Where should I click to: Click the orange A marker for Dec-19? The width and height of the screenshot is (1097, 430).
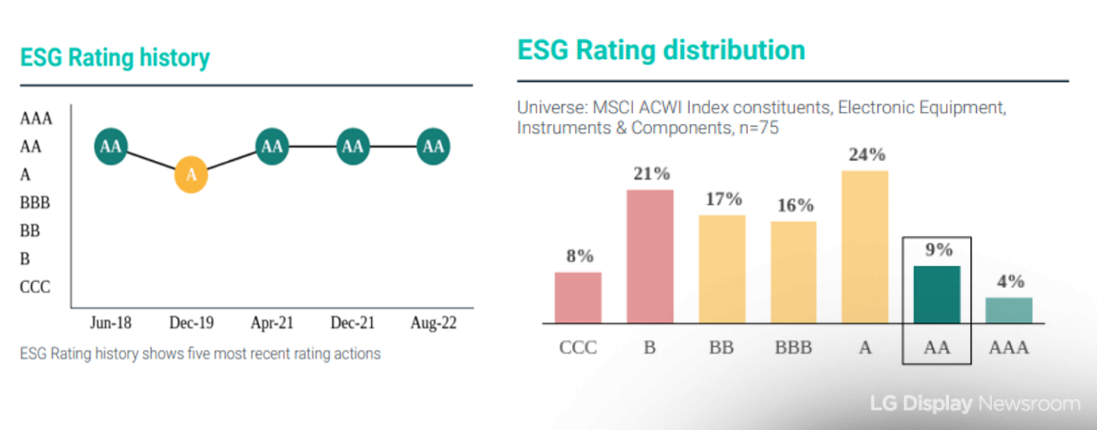coord(191,175)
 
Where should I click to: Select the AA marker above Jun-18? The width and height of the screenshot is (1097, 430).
coord(111,147)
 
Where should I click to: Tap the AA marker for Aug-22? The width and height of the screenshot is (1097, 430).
coord(433,147)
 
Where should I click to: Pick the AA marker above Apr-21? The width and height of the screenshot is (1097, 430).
coord(272,147)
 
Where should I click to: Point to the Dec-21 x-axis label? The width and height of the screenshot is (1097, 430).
coord(352,323)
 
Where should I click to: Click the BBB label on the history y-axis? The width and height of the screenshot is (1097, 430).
coord(35,203)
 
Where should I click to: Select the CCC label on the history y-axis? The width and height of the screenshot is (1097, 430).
coord(35,287)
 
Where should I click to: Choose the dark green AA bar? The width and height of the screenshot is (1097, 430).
coord(937,294)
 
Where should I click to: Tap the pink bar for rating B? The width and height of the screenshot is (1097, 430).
coord(650,256)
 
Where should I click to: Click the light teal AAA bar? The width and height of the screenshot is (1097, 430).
coord(1009,310)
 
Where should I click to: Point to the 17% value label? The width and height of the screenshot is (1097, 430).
coord(724,200)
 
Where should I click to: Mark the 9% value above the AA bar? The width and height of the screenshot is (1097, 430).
coord(938,250)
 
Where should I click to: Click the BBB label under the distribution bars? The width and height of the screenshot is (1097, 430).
coord(793,348)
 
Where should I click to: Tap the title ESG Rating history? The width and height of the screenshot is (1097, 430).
coord(115,58)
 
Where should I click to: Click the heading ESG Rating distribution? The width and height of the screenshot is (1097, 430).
coord(661,51)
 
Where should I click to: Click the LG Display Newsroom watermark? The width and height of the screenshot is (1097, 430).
coord(975,404)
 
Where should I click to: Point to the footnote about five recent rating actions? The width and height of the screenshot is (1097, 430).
coord(200,354)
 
